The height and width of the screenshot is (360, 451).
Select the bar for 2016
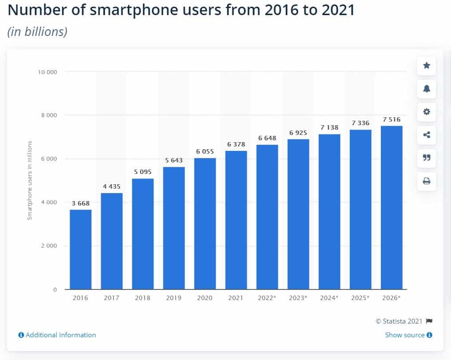80,249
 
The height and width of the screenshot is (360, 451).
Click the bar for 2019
174,228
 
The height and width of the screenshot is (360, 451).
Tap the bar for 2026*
392,208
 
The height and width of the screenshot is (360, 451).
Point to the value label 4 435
111,186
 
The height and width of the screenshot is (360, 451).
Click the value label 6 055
205,151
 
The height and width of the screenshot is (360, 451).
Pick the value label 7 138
329,127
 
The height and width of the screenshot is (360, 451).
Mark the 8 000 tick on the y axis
49,115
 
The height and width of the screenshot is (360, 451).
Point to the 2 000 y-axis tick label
49,246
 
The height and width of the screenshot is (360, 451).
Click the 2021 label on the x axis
236,298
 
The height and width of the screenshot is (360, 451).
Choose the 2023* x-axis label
298,298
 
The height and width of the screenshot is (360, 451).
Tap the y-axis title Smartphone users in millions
30,180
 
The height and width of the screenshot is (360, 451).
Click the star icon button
427,66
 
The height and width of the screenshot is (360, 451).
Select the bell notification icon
427,89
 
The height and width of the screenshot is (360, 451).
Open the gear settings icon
427,112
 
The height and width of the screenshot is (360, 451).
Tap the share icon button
427,135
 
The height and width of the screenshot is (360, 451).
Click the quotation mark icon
427,158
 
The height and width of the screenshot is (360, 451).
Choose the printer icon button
427,181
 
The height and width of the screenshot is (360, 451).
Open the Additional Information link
57,335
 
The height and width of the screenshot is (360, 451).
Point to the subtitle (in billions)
37,32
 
